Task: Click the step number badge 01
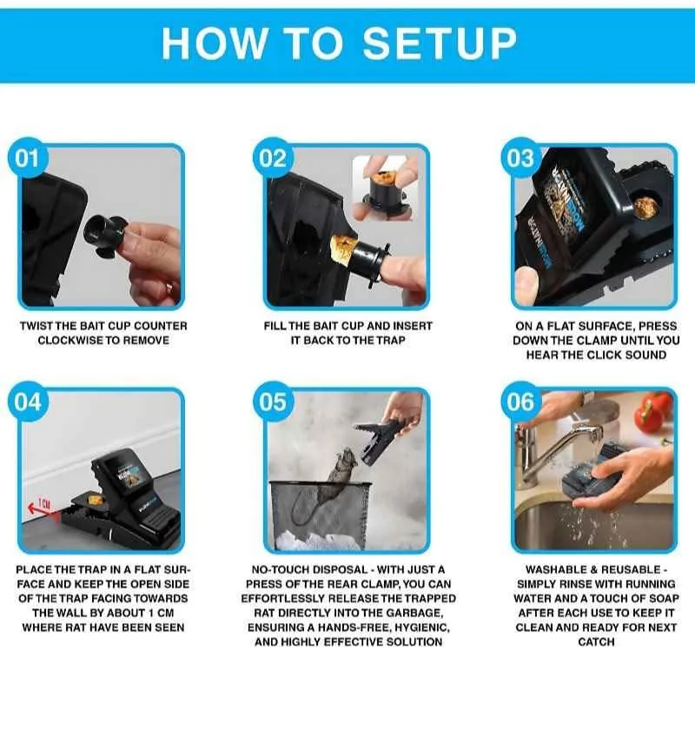point(28,158)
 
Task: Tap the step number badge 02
point(273,158)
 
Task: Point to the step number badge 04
point(28,402)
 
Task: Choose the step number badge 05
point(273,402)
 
